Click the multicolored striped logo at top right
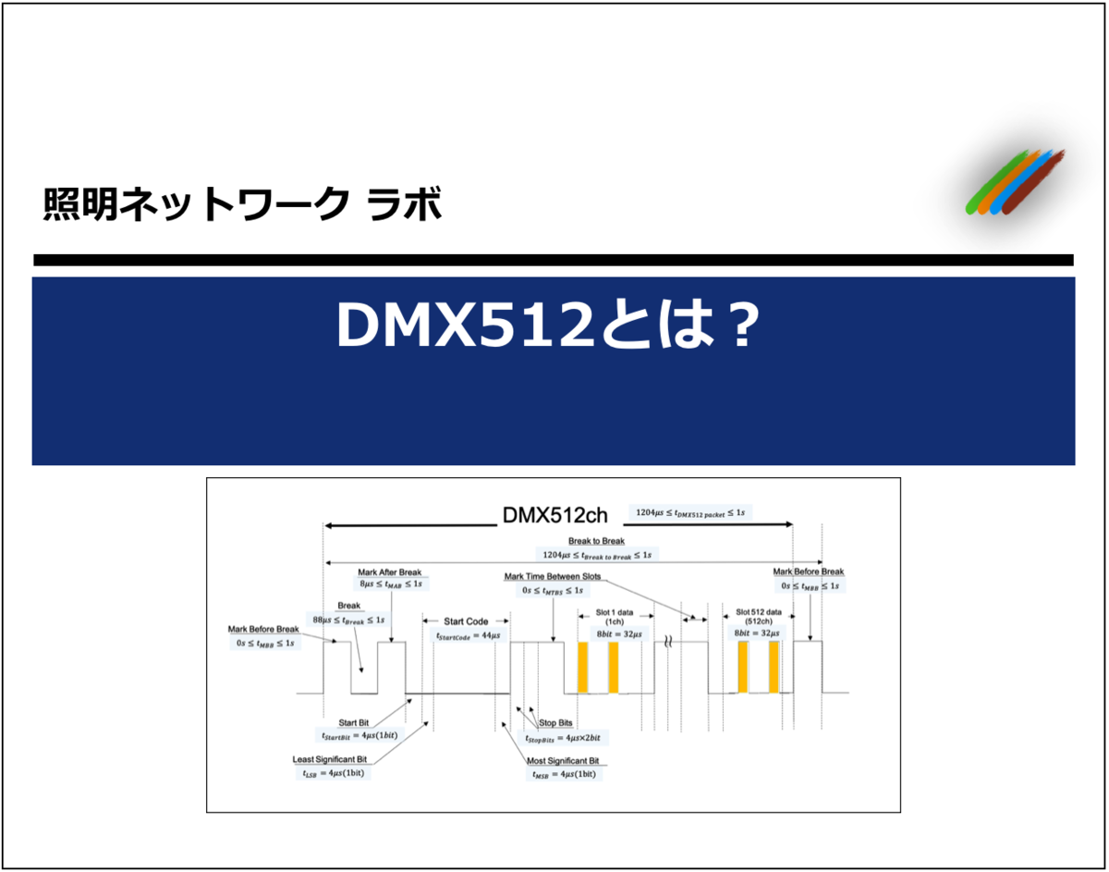coord(1013,184)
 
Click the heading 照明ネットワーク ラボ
coord(242,204)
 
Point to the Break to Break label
coord(596,541)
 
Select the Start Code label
coord(466,621)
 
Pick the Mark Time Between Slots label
coord(552,577)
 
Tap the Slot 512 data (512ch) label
coord(758,617)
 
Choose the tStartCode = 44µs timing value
coord(468,635)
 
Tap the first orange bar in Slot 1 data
coord(582,667)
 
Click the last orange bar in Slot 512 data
coord(774,667)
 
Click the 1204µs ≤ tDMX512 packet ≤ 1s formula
coord(688,511)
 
